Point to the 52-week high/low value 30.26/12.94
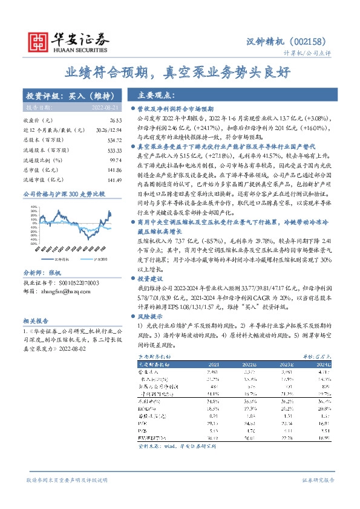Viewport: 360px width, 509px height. coord(106,130)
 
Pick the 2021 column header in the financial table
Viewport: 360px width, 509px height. coord(214,365)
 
